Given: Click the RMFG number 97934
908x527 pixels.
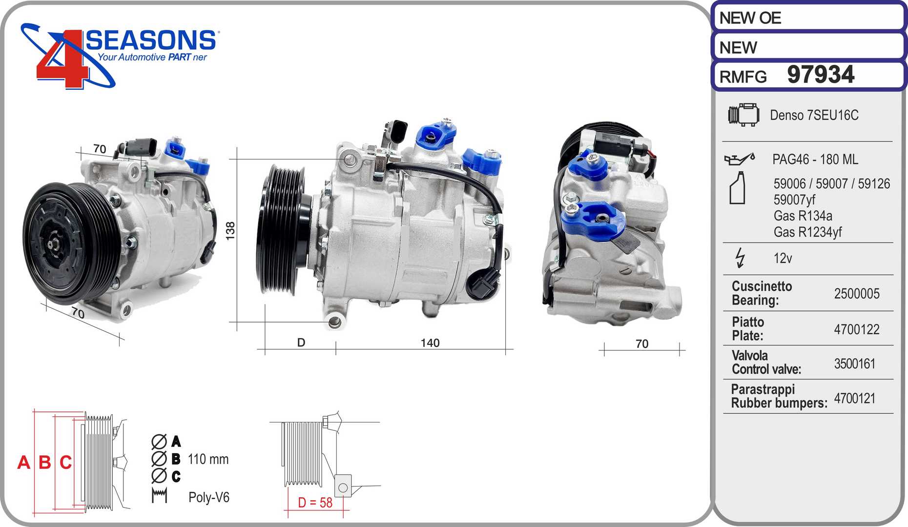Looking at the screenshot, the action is tap(821, 75).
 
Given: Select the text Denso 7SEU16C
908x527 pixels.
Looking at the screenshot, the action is tap(814, 115).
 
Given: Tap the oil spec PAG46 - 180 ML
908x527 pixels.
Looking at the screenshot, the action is tap(815, 160).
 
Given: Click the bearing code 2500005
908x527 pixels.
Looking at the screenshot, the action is tap(857, 293).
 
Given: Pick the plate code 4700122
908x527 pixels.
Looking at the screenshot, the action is tap(857, 329).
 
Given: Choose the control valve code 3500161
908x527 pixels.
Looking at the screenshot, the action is tap(855, 364).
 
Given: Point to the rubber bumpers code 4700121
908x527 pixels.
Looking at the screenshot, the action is tap(855, 398).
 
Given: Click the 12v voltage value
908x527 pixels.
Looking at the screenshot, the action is tap(783, 258).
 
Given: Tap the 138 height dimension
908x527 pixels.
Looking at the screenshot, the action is tap(230, 230).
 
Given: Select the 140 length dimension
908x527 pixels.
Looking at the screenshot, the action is tap(430, 343).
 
